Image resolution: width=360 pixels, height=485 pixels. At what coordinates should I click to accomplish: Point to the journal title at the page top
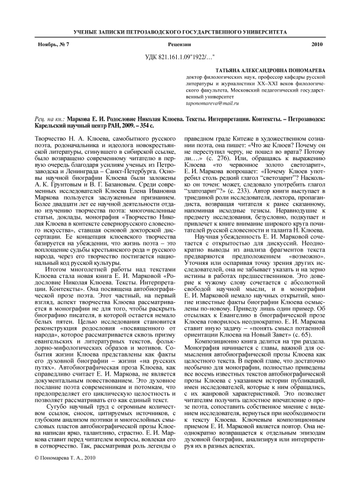tap(180, 30)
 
